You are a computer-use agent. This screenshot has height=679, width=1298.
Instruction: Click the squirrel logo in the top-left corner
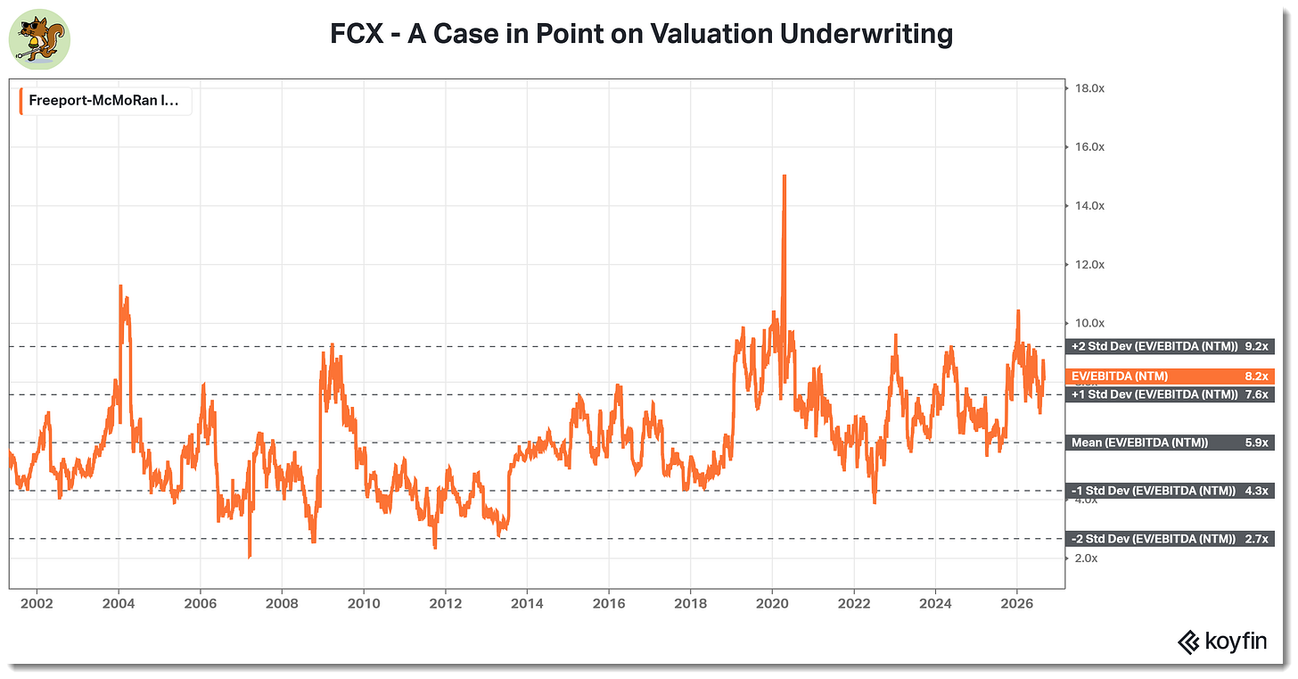39,39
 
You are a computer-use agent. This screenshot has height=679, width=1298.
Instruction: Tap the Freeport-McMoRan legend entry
103,101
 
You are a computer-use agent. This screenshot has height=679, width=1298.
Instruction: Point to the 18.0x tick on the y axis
1089,88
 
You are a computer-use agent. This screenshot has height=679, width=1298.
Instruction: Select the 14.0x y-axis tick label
1089,206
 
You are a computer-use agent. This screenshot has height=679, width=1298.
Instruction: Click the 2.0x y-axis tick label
1086,559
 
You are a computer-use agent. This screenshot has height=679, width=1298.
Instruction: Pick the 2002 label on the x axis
37,604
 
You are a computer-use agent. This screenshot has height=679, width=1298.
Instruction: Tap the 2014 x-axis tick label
527,604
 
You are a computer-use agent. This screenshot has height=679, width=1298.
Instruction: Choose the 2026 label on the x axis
1017,604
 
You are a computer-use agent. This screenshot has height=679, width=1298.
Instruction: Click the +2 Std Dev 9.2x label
1170,347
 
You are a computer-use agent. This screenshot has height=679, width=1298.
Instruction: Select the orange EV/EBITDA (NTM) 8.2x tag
1170,377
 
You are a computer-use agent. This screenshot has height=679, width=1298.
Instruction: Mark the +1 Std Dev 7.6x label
1170,395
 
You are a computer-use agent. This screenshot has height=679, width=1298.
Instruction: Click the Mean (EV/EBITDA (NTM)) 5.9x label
1170,443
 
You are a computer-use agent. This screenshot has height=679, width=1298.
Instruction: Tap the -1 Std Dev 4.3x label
1170,491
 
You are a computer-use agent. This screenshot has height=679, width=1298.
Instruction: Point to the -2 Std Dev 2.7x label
1170,539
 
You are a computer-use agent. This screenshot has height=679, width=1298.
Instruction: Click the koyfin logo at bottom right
1222,642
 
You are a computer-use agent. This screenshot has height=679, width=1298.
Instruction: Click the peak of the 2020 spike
784,176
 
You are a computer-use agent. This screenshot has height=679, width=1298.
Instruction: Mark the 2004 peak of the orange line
120,286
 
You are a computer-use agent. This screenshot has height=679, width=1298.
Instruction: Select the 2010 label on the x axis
364,604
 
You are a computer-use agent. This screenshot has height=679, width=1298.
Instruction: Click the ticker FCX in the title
357,34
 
